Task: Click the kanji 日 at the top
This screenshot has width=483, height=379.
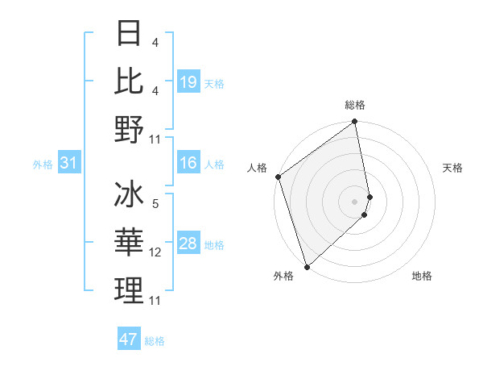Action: (130, 35)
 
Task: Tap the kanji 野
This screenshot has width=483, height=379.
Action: (130, 130)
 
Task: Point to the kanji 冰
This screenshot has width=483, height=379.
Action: (130, 196)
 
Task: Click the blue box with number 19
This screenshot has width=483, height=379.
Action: (188, 82)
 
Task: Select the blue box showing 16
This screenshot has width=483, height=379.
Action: (188, 163)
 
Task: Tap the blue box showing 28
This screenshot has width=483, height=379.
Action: (188, 244)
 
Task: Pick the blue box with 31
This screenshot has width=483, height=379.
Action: (69, 163)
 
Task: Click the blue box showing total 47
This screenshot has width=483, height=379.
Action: (129, 339)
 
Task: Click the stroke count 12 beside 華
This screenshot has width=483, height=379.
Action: (155, 253)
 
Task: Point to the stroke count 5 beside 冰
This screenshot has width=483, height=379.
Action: (155, 205)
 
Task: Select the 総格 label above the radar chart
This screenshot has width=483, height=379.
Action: (355, 105)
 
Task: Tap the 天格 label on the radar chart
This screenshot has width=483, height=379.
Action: (452, 168)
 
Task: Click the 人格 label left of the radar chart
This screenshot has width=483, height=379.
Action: (257, 168)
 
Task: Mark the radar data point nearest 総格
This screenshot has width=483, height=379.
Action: (355, 123)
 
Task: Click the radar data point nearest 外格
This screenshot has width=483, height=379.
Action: (307, 266)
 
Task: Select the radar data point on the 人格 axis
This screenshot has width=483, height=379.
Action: (278, 177)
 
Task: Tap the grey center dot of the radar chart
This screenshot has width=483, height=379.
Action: (355, 201)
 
